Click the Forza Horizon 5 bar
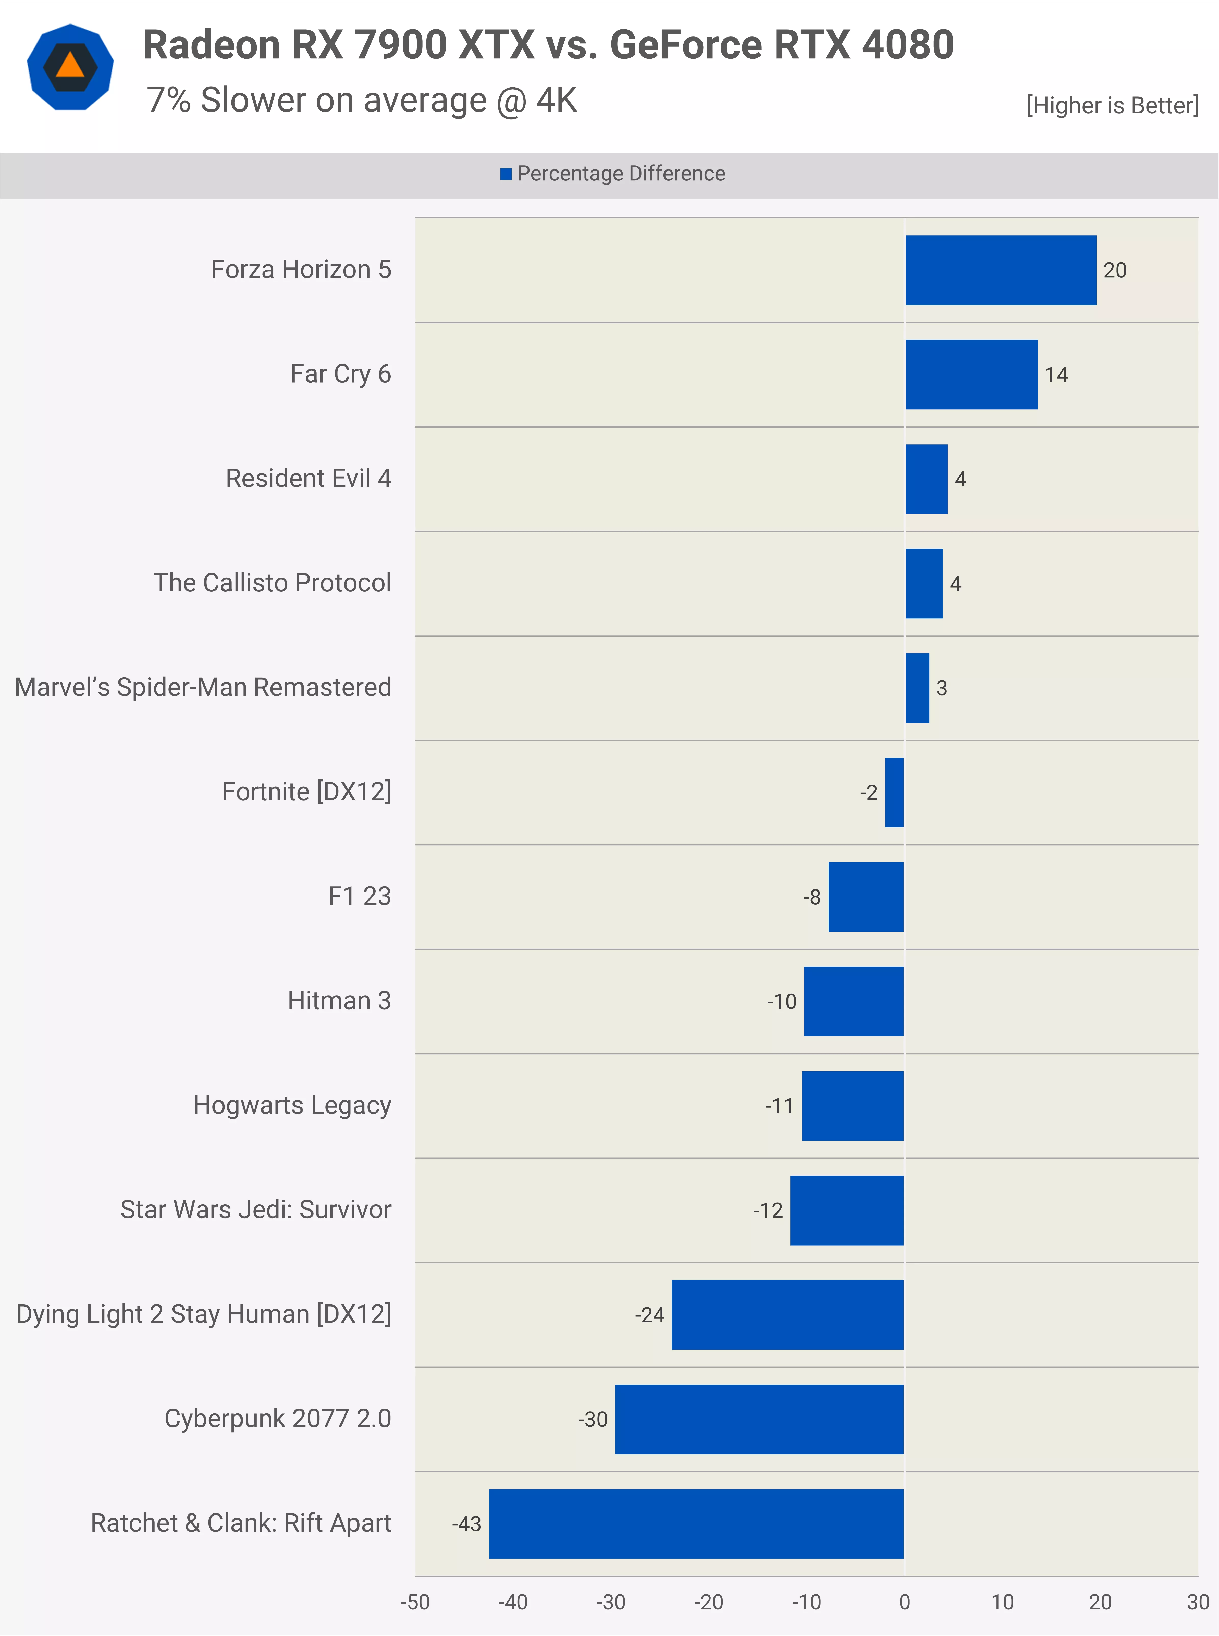tap(1001, 270)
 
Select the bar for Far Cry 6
tap(971, 374)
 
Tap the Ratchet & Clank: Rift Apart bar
tap(696, 1524)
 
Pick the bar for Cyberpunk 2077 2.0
tap(759, 1419)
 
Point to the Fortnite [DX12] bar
tap(894, 792)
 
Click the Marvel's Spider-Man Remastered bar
tap(917, 688)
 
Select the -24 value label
tap(649, 1315)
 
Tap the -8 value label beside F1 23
tap(812, 897)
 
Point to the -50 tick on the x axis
tap(415, 1602)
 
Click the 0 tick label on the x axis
tap(905, 1602)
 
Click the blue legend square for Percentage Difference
tap(506, 174)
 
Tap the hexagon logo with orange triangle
tap(70, 67)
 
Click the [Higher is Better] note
tap(1112, 105)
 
